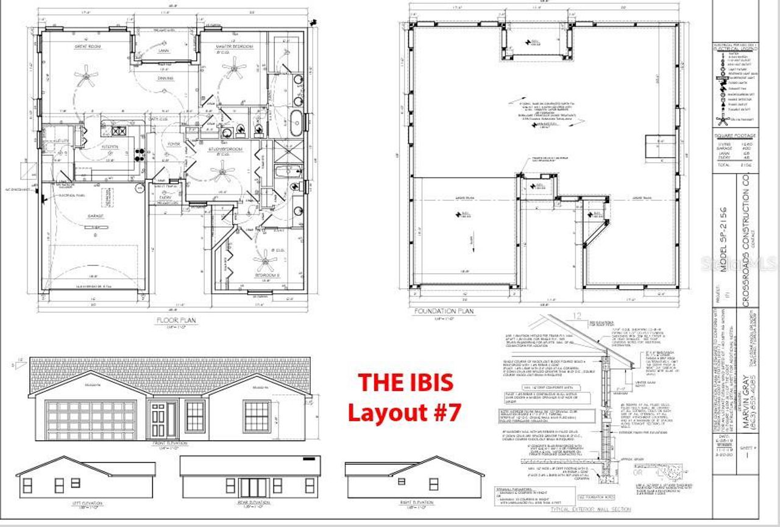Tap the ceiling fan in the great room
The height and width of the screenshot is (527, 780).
(x=86, y=76)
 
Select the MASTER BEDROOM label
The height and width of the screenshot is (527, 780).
(x=234, y=46)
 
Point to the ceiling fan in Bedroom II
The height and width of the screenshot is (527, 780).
(x=265, y=263)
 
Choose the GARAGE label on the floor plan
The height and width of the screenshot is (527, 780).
(x=94, y=215)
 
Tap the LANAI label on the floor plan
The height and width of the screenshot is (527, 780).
(x=163, y=51)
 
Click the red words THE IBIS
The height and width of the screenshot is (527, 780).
(x=405, y=382)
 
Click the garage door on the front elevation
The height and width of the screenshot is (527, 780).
(x=91, y=420)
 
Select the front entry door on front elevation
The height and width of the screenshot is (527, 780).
(x=158, y=419)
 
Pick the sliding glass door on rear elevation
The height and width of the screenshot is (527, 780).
(x=252, y=487)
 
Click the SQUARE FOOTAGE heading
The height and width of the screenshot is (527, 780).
(x=736, y=135)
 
